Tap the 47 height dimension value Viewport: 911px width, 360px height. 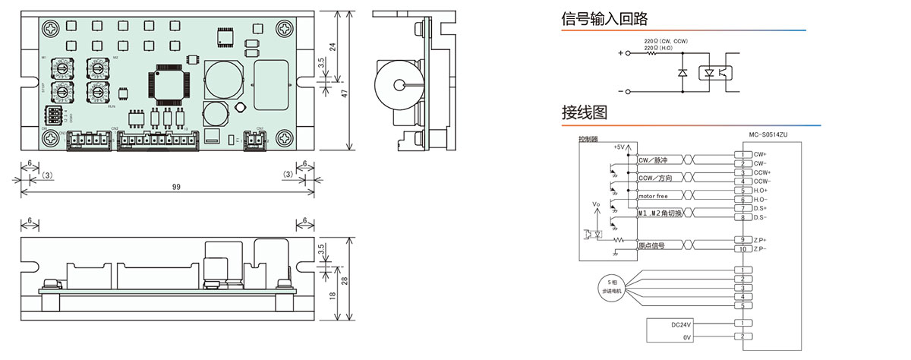[343, 93]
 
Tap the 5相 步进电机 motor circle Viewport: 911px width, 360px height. [611, 288]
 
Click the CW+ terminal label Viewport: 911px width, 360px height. [760, 154]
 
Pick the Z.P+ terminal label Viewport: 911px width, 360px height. [760, 240]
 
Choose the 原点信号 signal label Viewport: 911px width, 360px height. [651, 246]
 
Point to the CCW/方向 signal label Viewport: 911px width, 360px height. [654, 178]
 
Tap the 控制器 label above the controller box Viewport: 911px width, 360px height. [588, 139]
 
